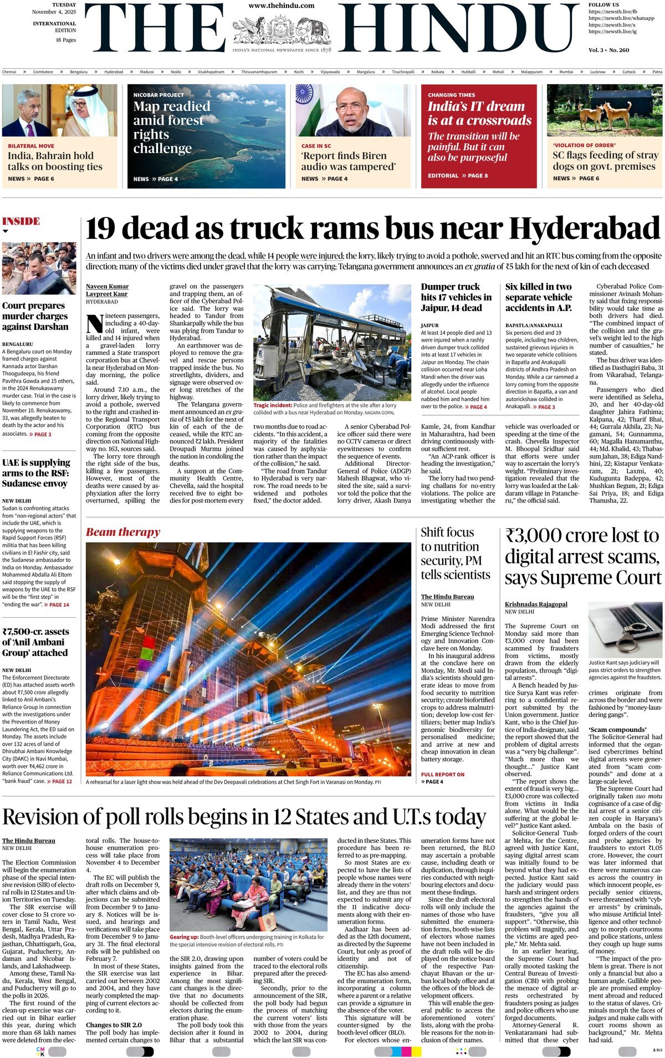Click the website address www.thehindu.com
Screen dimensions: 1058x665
coord(281,6)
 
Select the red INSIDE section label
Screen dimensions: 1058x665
coord(21,221)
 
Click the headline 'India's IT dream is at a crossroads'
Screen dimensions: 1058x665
coord(479,113)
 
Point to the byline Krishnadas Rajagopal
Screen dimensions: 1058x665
coord(536,604)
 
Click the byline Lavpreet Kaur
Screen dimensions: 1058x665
coord(106,294)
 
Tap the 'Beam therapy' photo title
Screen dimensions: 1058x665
coord(122,532)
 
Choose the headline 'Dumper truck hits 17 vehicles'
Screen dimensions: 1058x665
coord(456,297)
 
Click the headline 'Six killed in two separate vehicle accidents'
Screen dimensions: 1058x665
coord(539,297)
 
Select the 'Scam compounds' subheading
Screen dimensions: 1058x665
coord(610,729)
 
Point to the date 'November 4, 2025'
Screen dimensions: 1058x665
coord(54,12)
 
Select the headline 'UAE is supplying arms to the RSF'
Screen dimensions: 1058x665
coord(36,473)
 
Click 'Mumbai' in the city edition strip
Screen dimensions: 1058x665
coord(566,72)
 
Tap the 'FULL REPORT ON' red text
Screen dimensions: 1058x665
coord(442,775)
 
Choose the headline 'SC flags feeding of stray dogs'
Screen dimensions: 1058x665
coord(603,161)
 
